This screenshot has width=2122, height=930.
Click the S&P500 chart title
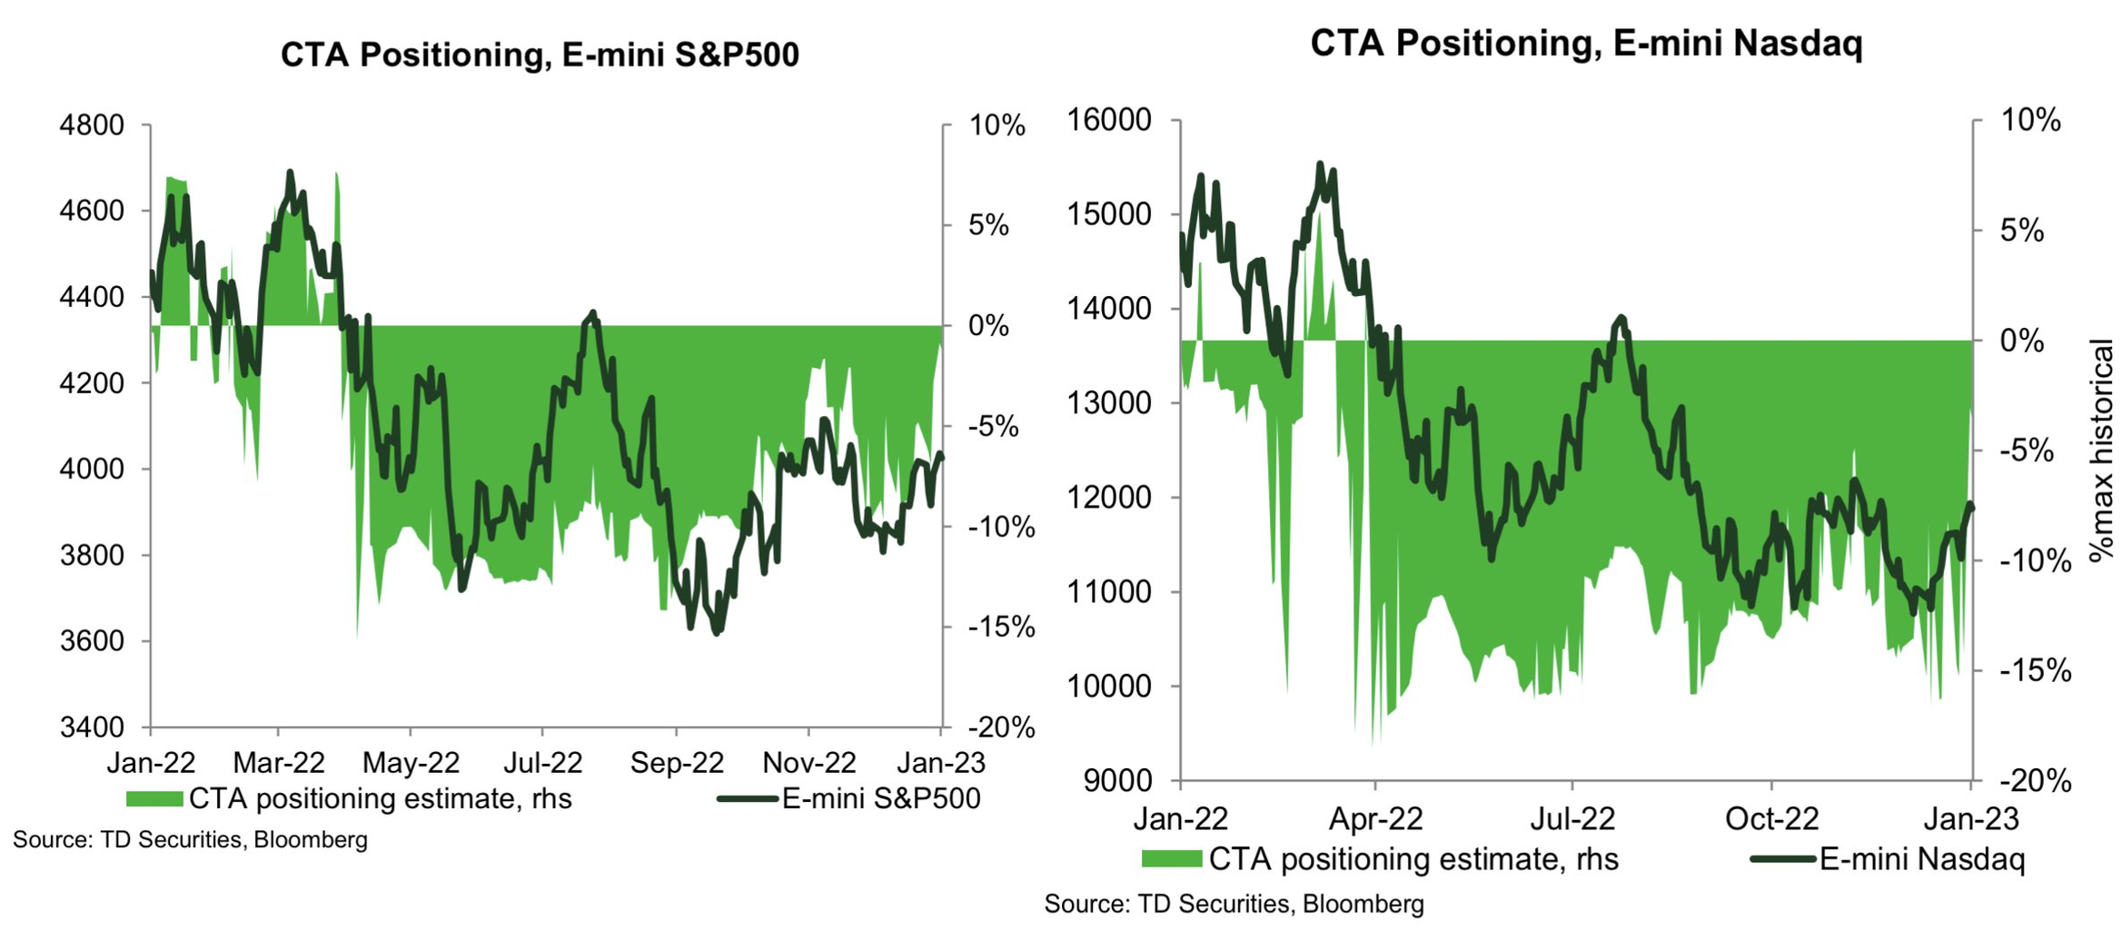pos(540,54)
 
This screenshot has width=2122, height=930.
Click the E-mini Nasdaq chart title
pos(1585,43)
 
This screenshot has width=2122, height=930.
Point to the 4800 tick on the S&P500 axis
pos(92,125)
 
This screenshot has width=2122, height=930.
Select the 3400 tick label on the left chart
pos(92,727)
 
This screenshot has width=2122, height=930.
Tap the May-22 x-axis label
pos(411,762)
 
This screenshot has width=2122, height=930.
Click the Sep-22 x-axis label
pos(677,762)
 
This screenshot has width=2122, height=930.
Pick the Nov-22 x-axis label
pos(808,762)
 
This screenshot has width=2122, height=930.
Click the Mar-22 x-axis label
pos(278,762)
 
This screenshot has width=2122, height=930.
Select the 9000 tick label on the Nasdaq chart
pos(1118,781)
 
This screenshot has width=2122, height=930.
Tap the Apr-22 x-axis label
pos(1375,819)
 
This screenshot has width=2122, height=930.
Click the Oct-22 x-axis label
pos(1771,819)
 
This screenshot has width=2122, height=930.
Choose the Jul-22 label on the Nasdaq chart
pos(1572,819)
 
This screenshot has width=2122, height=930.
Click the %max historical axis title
pos(2101,450)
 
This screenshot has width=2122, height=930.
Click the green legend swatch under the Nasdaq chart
pos(1171,859)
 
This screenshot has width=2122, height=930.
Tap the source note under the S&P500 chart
pos(190,840)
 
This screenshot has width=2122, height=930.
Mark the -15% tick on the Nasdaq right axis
pos(2035,671)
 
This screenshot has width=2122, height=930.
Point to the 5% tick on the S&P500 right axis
pos(988,225)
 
